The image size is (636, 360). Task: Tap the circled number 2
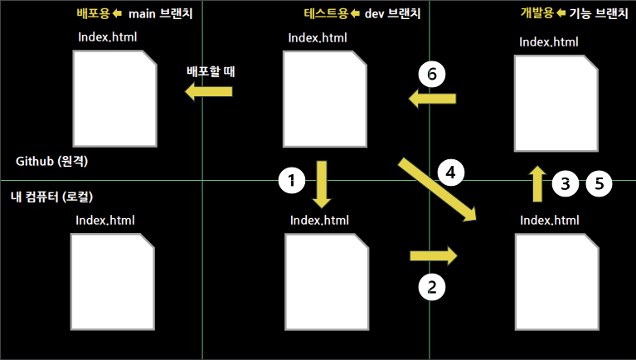click(431, 287)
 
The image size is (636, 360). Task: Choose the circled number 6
click(431, 73)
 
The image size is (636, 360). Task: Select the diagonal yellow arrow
click(439, 188)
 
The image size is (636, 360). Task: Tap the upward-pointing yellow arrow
click(537, 183)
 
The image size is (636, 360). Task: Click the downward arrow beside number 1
click(322, 184)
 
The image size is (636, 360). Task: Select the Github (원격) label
click(52, 161)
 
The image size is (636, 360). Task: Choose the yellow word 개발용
click(536, 13)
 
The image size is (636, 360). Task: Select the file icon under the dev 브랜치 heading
click(324, 98)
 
